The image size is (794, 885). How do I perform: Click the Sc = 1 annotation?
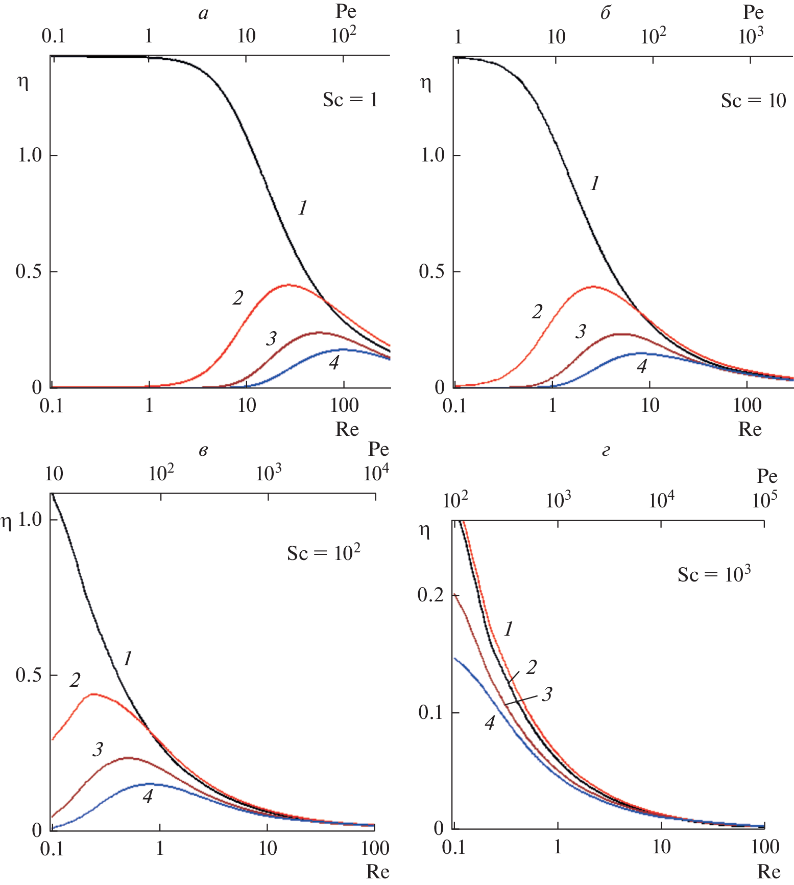[350, 100]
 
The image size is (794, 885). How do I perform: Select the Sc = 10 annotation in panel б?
[753, 101]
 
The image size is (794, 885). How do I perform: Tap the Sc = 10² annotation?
[323, 553]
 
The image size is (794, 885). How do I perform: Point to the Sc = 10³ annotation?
[714, 575]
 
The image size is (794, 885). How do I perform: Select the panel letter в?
[203, 451]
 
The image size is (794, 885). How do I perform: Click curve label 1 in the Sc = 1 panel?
[303, 208]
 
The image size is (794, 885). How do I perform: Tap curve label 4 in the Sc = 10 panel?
[642, 366]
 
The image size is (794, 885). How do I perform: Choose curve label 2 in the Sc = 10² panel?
[75, 680]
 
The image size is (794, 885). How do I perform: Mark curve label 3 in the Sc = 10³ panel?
[547, 694]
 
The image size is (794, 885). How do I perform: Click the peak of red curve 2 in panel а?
[288, 285]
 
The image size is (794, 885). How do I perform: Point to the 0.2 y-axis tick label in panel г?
[430, 595]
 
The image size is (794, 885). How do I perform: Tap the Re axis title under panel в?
[377, 872]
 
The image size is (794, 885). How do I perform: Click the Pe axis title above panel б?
[753, 12]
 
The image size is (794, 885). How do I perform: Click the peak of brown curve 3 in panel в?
[127, 758]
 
